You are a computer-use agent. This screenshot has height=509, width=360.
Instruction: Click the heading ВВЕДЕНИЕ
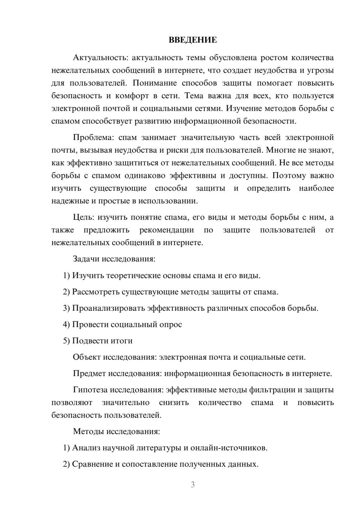(193, 40)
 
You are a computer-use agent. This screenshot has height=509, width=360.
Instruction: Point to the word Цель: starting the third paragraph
(84, 217)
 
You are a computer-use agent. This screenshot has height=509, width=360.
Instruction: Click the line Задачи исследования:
(114, 259)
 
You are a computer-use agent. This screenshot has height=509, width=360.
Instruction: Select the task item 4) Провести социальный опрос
(122, 324)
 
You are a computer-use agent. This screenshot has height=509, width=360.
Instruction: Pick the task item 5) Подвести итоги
(98, 341)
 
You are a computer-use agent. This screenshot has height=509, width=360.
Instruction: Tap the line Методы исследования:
(116, 431)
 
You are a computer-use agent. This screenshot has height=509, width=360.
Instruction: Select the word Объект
(87, 357)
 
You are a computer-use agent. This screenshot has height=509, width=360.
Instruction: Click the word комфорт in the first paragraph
(132, 96)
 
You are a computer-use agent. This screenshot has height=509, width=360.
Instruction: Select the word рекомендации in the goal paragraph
(166, 230)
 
